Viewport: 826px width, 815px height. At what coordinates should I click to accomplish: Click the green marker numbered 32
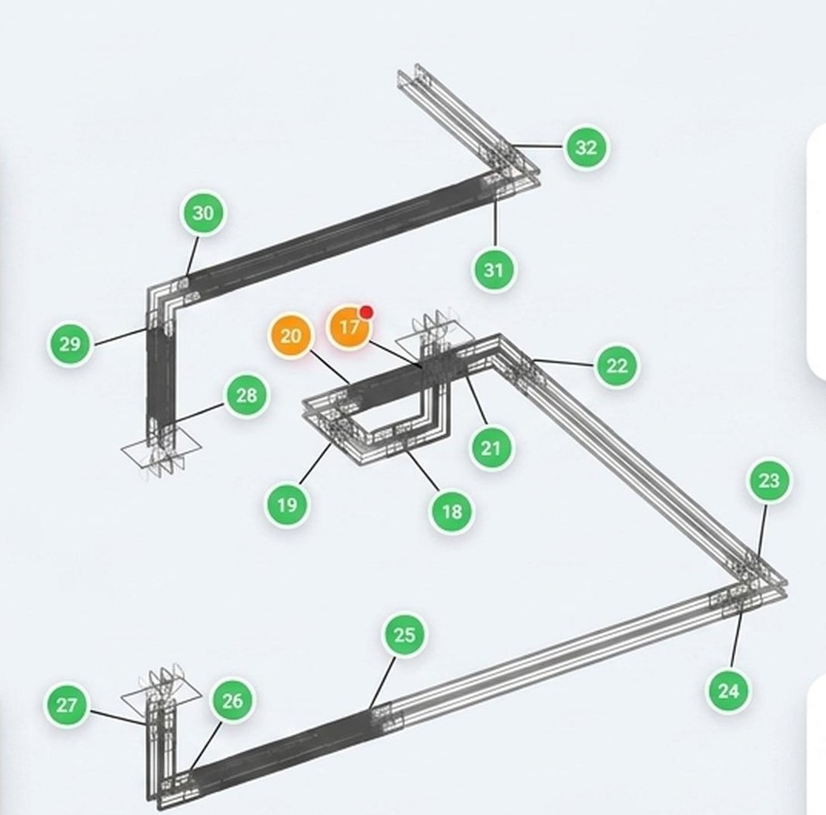coord(586,148)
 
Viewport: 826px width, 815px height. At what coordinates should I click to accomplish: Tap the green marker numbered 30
coord(203,213)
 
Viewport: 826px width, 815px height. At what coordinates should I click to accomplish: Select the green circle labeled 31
coord(494,270)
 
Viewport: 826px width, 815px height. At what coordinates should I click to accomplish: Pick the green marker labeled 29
coord(70,344)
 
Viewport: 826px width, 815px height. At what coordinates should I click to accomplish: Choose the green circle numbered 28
coord(247,395)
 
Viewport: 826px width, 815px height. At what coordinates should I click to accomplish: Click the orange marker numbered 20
coord(290,336)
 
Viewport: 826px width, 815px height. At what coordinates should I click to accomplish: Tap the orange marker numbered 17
coord(349,328)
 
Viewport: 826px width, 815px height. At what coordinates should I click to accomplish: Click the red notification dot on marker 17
coord(367,313)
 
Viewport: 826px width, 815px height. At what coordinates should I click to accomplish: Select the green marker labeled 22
coord(617,365)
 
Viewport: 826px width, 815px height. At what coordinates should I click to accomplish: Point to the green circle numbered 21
coord(491,448)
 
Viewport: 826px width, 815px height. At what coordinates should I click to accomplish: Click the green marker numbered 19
coord(287,504)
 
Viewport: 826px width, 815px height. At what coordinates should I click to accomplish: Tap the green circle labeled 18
coord(452,511)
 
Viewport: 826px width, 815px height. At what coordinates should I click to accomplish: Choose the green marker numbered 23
coord(768,480)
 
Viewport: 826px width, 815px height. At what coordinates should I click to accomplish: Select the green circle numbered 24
coord(728,690)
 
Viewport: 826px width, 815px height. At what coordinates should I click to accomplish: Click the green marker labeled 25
coord(404,634)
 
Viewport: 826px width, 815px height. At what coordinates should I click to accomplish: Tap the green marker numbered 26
coord(232,700)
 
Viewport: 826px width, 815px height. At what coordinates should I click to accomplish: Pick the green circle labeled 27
coord(67,704)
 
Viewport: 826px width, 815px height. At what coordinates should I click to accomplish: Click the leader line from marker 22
coord(564,362)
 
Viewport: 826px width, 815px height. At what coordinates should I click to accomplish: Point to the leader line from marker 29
coord(121,337)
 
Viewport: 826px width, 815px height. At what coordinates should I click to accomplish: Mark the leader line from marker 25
coord(382,682)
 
